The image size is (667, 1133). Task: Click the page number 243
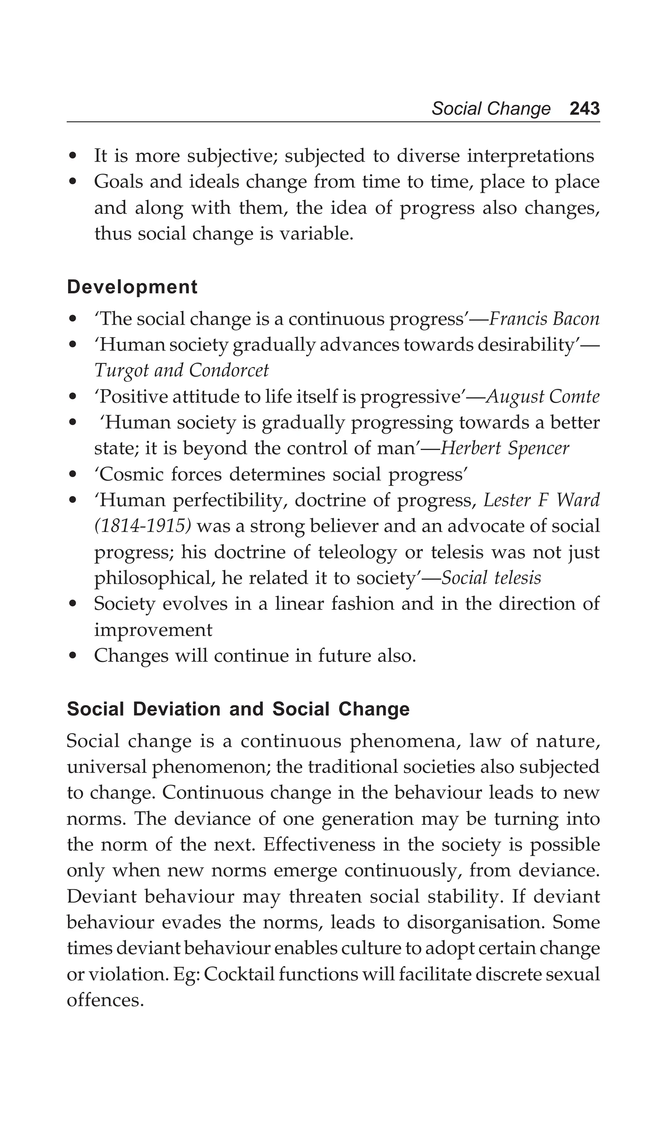click(584, 109)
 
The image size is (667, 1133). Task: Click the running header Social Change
click(490, 109)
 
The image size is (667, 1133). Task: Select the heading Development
click(132, 287)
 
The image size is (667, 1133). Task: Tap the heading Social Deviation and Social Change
click(238, 709)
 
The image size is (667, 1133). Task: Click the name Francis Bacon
click(544, 319)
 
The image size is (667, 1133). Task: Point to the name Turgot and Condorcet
click(181, 371)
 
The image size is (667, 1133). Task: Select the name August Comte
click(543, 397)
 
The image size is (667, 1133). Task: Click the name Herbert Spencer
click(504, 448)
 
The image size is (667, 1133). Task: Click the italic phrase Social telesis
click(491, 578)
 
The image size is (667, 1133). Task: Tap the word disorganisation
click(475, 922)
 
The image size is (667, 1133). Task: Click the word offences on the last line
click(105, 1000)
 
